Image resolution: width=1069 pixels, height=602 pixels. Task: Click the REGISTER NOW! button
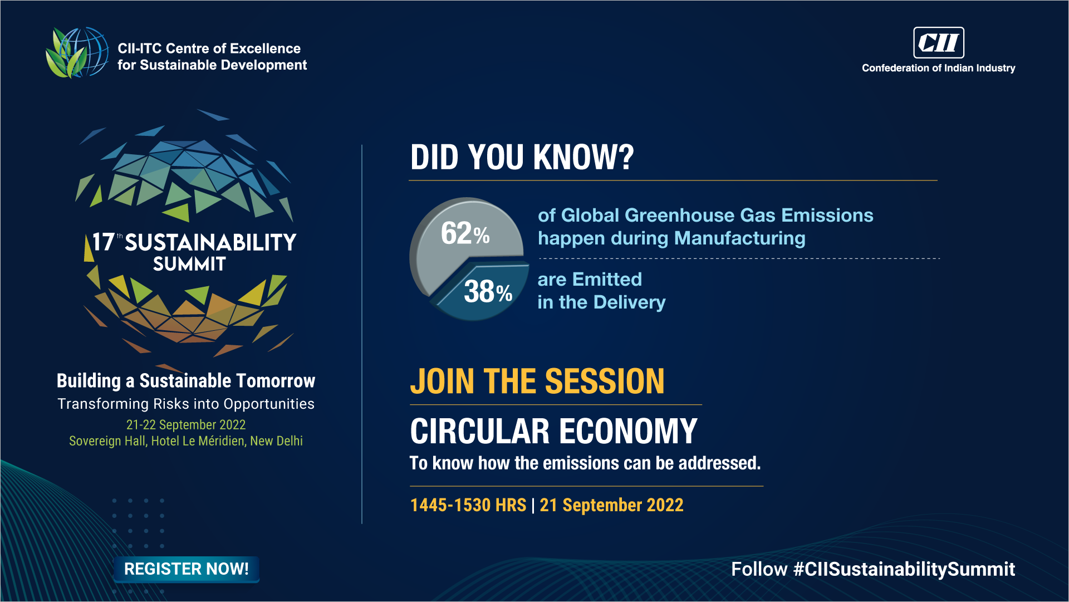[187, 569]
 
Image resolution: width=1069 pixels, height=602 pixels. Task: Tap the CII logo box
[939, 43]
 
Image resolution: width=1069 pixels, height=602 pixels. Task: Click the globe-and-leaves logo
[77, 53]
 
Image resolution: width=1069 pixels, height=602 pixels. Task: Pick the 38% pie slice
[484, 292]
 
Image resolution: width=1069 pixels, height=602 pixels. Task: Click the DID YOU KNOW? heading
[522, 157]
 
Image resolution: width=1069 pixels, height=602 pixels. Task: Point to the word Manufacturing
[739, 238]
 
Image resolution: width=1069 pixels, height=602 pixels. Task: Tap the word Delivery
[629, 302]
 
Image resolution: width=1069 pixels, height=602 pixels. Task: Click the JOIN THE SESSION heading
[537, 381]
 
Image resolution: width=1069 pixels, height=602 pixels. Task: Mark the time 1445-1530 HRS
[468, 505]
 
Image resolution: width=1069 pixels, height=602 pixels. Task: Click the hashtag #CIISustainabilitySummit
[904, 569]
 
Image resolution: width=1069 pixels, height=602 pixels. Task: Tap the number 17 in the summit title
[103, 242]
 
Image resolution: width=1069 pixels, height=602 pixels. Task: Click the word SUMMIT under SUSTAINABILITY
[189, 264]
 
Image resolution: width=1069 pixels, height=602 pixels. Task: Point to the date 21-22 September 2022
[186, 425]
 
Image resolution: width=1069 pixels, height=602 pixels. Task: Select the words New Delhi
[276, 441]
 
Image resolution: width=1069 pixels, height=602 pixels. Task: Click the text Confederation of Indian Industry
[939, 68]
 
